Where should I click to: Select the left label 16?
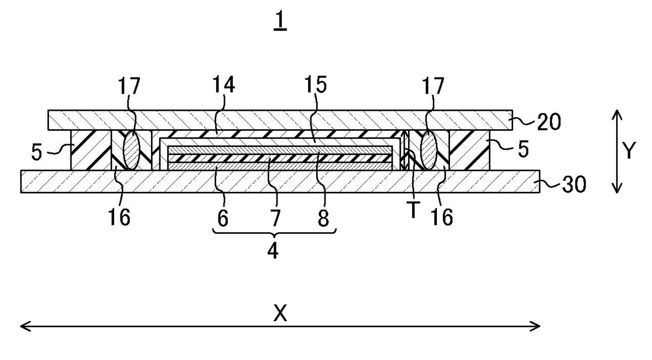pos(120,218)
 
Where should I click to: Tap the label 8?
pos(324,218)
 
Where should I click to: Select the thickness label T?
pos(414,210)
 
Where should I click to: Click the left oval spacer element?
pos(131,151)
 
